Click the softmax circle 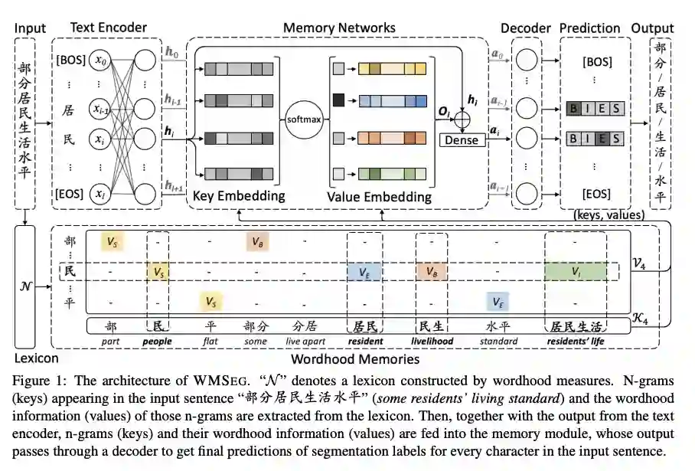pos(304,119)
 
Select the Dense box pos(462,140)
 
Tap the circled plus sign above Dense pos(462,119)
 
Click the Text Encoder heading pos(109,28)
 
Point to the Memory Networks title pos(339,28)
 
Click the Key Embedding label pos(239,196)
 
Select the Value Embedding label pos(380,197)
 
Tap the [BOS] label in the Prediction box pos(597,61)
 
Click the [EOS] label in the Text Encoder pos(69,194)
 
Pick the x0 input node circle pos(100,60)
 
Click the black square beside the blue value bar pos(338,100)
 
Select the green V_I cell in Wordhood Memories pos(576,271)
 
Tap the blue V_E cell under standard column pos(498,302)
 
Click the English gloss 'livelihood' pos(432,341)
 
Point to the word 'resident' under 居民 pos(365,341)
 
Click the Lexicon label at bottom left pos(36,358)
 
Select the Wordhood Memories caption pos(355,358)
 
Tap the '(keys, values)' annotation pos(609,215)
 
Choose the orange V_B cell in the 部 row pos(257,242)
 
